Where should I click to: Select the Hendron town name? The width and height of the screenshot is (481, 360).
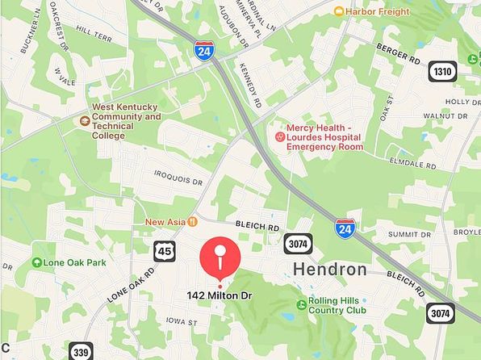pyautogui.click(x=329, y=269)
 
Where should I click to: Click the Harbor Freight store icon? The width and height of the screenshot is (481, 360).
pyautogui.click(x=339, y=11)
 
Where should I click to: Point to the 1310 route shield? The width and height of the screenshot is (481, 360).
pyautogui.click(x=441, y=71)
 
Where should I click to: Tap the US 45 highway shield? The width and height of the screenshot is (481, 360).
pyautogui.click(x=164, y=252)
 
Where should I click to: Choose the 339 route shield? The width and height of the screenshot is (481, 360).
pyautogui.click(x=82, y=350)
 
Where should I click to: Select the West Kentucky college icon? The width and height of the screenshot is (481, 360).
pyautogui.click(x=84, y=121)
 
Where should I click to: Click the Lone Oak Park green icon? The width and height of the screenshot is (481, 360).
pyautogui.click(x=36, y=262)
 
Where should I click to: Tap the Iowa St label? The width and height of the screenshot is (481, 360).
pyautogui.click(x=182, y=321)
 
